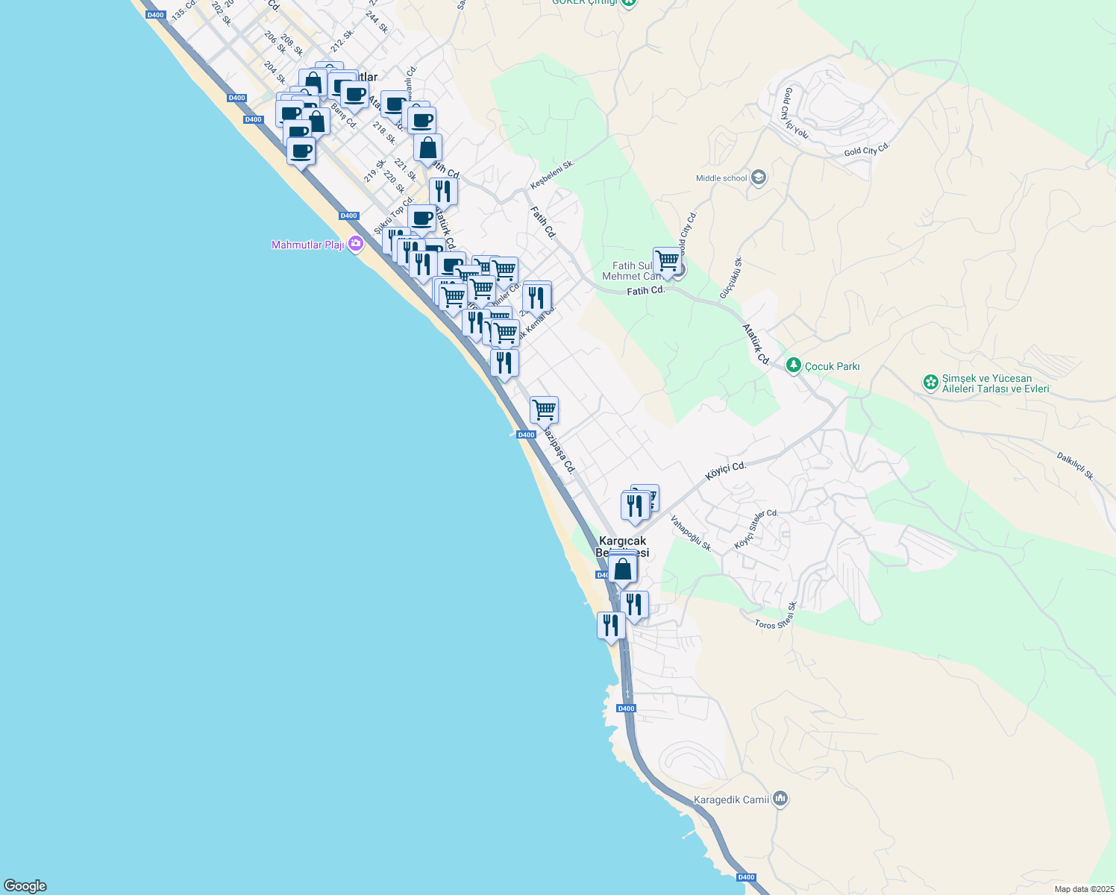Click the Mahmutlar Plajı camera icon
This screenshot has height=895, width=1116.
[x=355, y=244]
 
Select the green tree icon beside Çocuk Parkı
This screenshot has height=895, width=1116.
[x=793, y=365]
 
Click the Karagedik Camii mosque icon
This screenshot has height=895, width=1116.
[x=780, y=800]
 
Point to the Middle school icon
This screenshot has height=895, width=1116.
[x=759, y=178]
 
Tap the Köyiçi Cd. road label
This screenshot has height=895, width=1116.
[x=726, y=471]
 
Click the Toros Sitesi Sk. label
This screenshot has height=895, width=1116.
[x=777, y=616]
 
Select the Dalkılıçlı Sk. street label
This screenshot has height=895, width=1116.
[x=1075, y=465]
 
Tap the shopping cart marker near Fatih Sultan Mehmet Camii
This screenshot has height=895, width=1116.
[x=667, y=261]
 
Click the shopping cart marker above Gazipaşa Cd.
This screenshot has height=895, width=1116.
[x=544, y=409]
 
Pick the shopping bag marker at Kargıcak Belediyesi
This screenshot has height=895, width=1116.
[x=622, y=570]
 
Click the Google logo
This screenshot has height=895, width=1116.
[x=25, y=885]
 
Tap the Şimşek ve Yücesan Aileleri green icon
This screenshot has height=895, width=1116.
[x=930, y=383]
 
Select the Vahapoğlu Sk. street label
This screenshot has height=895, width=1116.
[x=691, y=533]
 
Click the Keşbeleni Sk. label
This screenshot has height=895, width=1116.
[x=552, y=175]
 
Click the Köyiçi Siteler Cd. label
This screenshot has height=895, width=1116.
[x=756, y=529]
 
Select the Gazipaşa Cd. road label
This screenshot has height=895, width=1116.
[x=559, y=450]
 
